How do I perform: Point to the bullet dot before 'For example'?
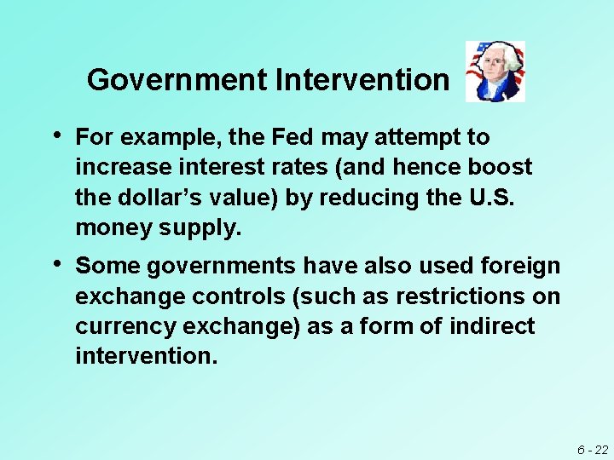[x=56, y=136]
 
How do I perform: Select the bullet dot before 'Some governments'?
[x=56, y=265]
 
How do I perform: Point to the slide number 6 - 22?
[x=592, y=449]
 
